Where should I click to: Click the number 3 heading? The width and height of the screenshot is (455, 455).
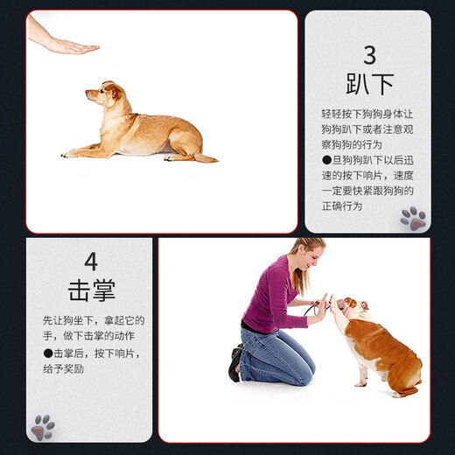pos(369,54)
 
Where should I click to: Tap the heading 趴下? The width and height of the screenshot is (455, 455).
pos(369,85)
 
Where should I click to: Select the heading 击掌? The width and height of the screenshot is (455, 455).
pos(91,290)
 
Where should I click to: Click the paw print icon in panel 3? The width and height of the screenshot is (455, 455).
pos(413,217)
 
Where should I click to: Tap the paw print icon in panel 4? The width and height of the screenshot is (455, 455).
pos(42,427)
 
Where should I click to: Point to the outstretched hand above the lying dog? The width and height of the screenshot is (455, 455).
pos(66,45)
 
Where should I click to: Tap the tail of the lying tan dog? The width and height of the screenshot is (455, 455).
pos(206,158)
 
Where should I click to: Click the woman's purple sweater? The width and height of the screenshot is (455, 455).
pos(271,297)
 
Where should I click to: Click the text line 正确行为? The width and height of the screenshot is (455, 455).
pos(340,206)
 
